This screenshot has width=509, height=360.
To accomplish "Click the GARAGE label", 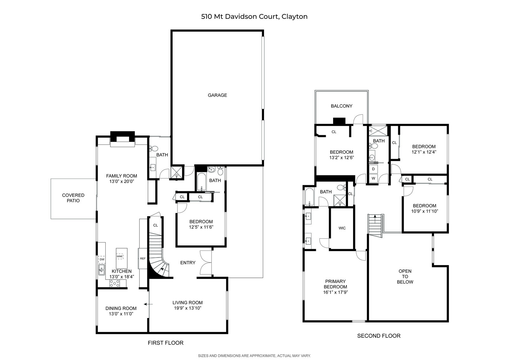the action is (x=217, y=95).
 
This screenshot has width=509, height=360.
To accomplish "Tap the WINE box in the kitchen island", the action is (x=120, y=256).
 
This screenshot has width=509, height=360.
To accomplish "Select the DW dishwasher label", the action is (x=102, y=259).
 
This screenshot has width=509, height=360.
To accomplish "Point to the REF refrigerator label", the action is (x=143, y=258).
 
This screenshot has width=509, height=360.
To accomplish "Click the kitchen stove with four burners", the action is (x=115, y=283).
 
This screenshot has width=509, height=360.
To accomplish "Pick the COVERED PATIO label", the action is (x=73, y=198).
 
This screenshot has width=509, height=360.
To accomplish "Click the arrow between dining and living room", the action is (x=148, y=304).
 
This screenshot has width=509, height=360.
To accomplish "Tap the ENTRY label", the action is (x=188, y=263).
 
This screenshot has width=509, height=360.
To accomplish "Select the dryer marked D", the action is (x=373, y=169).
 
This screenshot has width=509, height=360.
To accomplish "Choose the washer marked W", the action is (x=373, y=178).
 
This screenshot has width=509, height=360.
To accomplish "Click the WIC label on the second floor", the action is (x=342, y=228).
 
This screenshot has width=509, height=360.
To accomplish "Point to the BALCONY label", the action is (x=342, y=106).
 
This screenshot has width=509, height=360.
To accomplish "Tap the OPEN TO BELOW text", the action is (x=405, y=277).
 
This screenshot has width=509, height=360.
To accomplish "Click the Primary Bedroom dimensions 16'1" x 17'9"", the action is (x=335, y=292).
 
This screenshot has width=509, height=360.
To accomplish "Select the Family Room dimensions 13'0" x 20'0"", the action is (x=122, y=181).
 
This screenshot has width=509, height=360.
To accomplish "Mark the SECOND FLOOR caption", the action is (x=379, y=336).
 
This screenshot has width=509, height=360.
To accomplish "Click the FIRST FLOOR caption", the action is (x=165, y=343).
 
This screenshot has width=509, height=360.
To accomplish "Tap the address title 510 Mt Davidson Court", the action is (x=240, y=17).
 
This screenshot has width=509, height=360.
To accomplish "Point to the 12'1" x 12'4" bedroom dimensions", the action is (x=424, y=152).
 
